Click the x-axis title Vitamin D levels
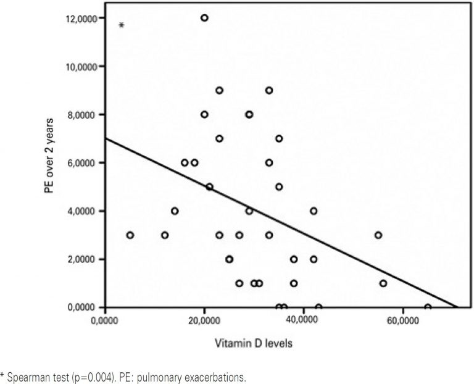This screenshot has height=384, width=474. click(x=254, y=344)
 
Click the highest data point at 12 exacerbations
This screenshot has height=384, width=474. click(x=204, y=18)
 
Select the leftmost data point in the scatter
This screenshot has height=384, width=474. click(x=130, y=235)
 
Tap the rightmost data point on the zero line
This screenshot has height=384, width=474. click(x=428, y=307)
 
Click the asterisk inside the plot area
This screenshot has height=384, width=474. click(x=122, y=25)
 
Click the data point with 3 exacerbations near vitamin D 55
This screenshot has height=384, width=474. click(x=378, y=235)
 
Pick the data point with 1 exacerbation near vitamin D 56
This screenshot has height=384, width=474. click(x=383, y=283)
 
